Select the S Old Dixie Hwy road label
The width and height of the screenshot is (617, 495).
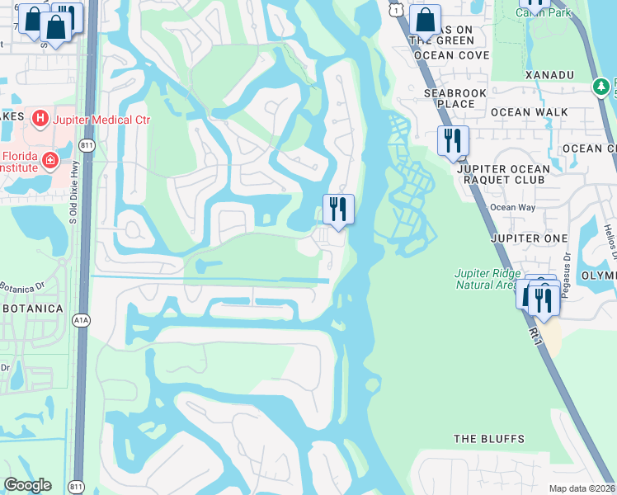click(73, 197)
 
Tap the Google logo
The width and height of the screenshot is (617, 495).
click(27, 485)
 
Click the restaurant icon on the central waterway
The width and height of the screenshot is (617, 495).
click(338, 209)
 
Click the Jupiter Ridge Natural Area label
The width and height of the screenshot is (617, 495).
click(486, 279)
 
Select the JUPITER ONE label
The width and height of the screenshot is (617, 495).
click(529, 238)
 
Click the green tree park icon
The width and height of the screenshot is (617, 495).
click(602, 86)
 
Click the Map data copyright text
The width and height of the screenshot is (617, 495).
click(582, 488)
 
